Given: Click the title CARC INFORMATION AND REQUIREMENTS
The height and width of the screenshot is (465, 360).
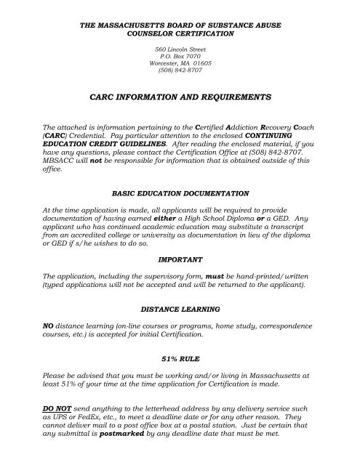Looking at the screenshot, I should tap(180, 96).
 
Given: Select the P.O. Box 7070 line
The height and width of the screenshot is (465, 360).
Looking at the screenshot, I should tap(180, 55).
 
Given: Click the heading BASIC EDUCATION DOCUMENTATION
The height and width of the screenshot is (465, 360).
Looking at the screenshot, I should tap(180, 194).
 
